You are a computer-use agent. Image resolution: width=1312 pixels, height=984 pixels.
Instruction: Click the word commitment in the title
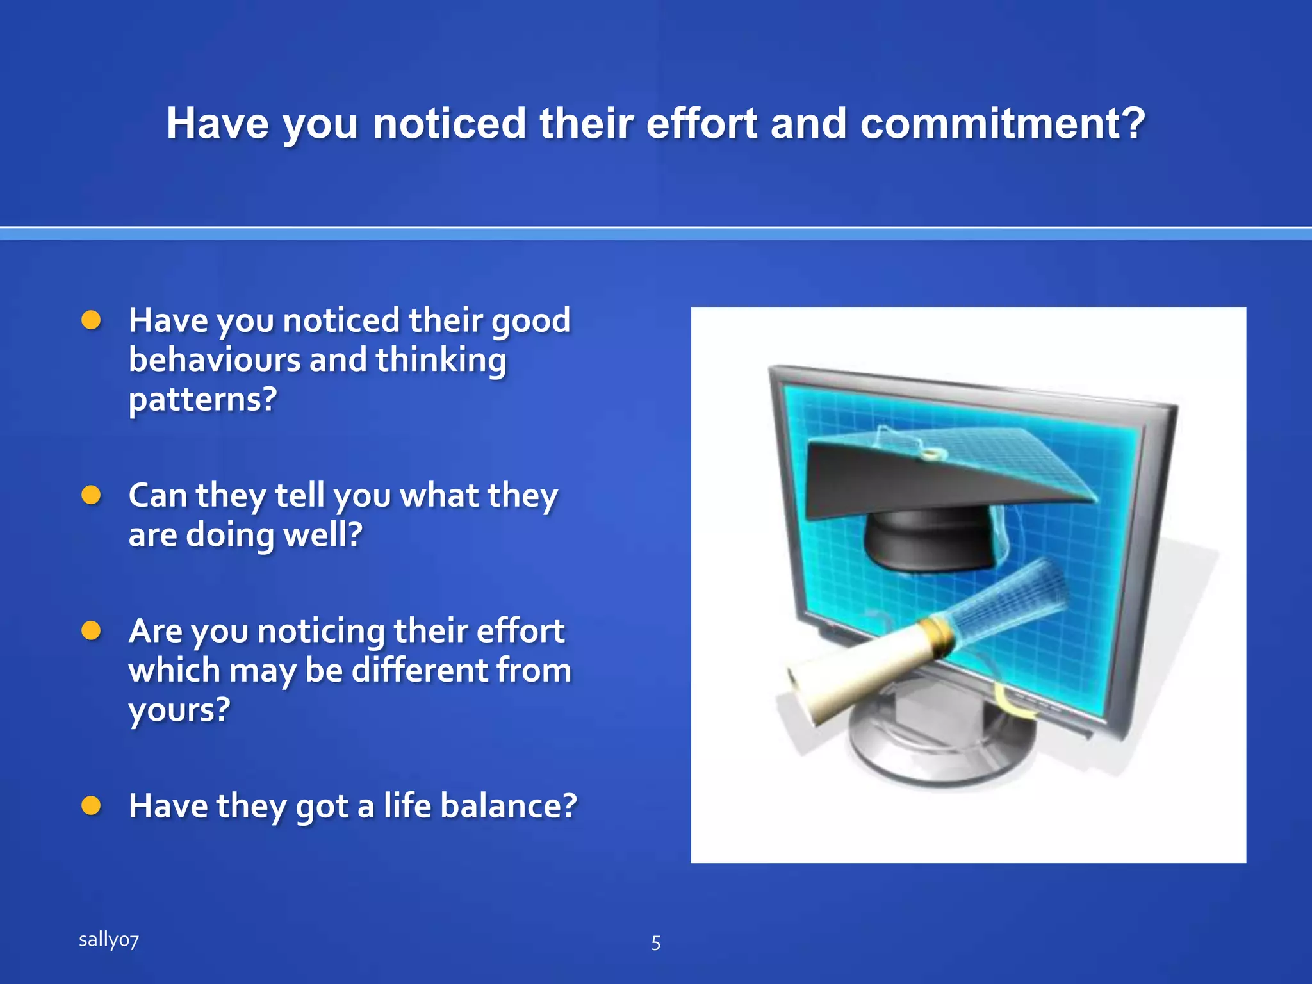coord(1001,123)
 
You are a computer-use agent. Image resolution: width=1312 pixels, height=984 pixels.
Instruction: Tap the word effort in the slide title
coord(701,123)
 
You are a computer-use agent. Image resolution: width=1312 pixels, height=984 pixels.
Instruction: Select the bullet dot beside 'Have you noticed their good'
coord(92,320)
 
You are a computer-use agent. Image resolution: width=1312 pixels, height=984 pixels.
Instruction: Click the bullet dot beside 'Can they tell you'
coord(92,495)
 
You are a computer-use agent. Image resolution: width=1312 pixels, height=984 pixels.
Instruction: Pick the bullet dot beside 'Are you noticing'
coord(92,630)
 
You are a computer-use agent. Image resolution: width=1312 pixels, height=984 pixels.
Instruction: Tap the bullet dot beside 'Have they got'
coord(92,805)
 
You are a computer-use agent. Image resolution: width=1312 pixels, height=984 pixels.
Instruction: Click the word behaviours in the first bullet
coord(214,360)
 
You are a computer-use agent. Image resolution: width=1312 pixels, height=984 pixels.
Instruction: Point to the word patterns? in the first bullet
coord(202,400)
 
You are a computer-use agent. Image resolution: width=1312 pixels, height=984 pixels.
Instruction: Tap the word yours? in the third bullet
coord(179,710)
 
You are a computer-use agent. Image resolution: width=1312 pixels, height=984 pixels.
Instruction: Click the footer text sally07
coord(108,940)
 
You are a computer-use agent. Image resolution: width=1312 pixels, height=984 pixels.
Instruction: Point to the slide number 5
coord(655,943)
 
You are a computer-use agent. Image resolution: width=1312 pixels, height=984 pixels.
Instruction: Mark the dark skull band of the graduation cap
coord(929,538)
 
